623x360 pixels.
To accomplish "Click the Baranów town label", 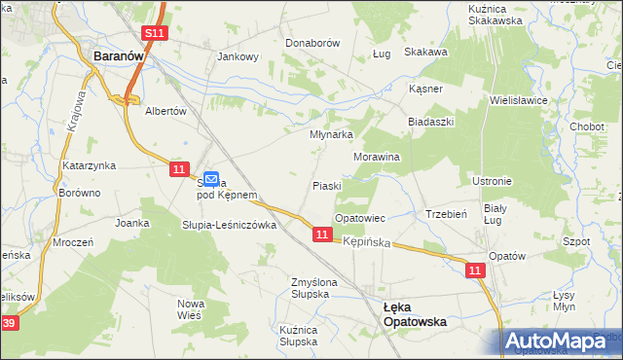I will pyautogui.click(x=119, y=57).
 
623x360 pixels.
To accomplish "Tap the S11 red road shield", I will pyautogui.click(x=155, y=34).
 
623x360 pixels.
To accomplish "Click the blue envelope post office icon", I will pyautogui.click(x=210, y=178).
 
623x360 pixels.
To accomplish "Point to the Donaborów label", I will pyautogui.click(x=311, y=44).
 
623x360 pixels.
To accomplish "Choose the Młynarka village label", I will pyautogui.click(x=330, y=135).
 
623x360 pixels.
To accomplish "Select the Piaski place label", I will pyautogui.click(x=326, y=185).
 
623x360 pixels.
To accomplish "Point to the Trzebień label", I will pyautogui.click(x=448, y=214).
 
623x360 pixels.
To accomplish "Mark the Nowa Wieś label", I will pyautogui.click(x=190, y=309).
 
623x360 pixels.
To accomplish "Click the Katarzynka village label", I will pyautogui.click(x=90, y=165).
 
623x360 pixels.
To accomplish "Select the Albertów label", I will pyautogui.click(x=165, y=111).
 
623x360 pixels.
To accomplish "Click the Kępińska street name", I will pyautogui.click(x=367, y=240).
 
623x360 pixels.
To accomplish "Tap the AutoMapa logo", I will pyautogui.click(x=560, y=341).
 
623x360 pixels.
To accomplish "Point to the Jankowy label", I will pyautogui.click(x=238, y=56).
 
